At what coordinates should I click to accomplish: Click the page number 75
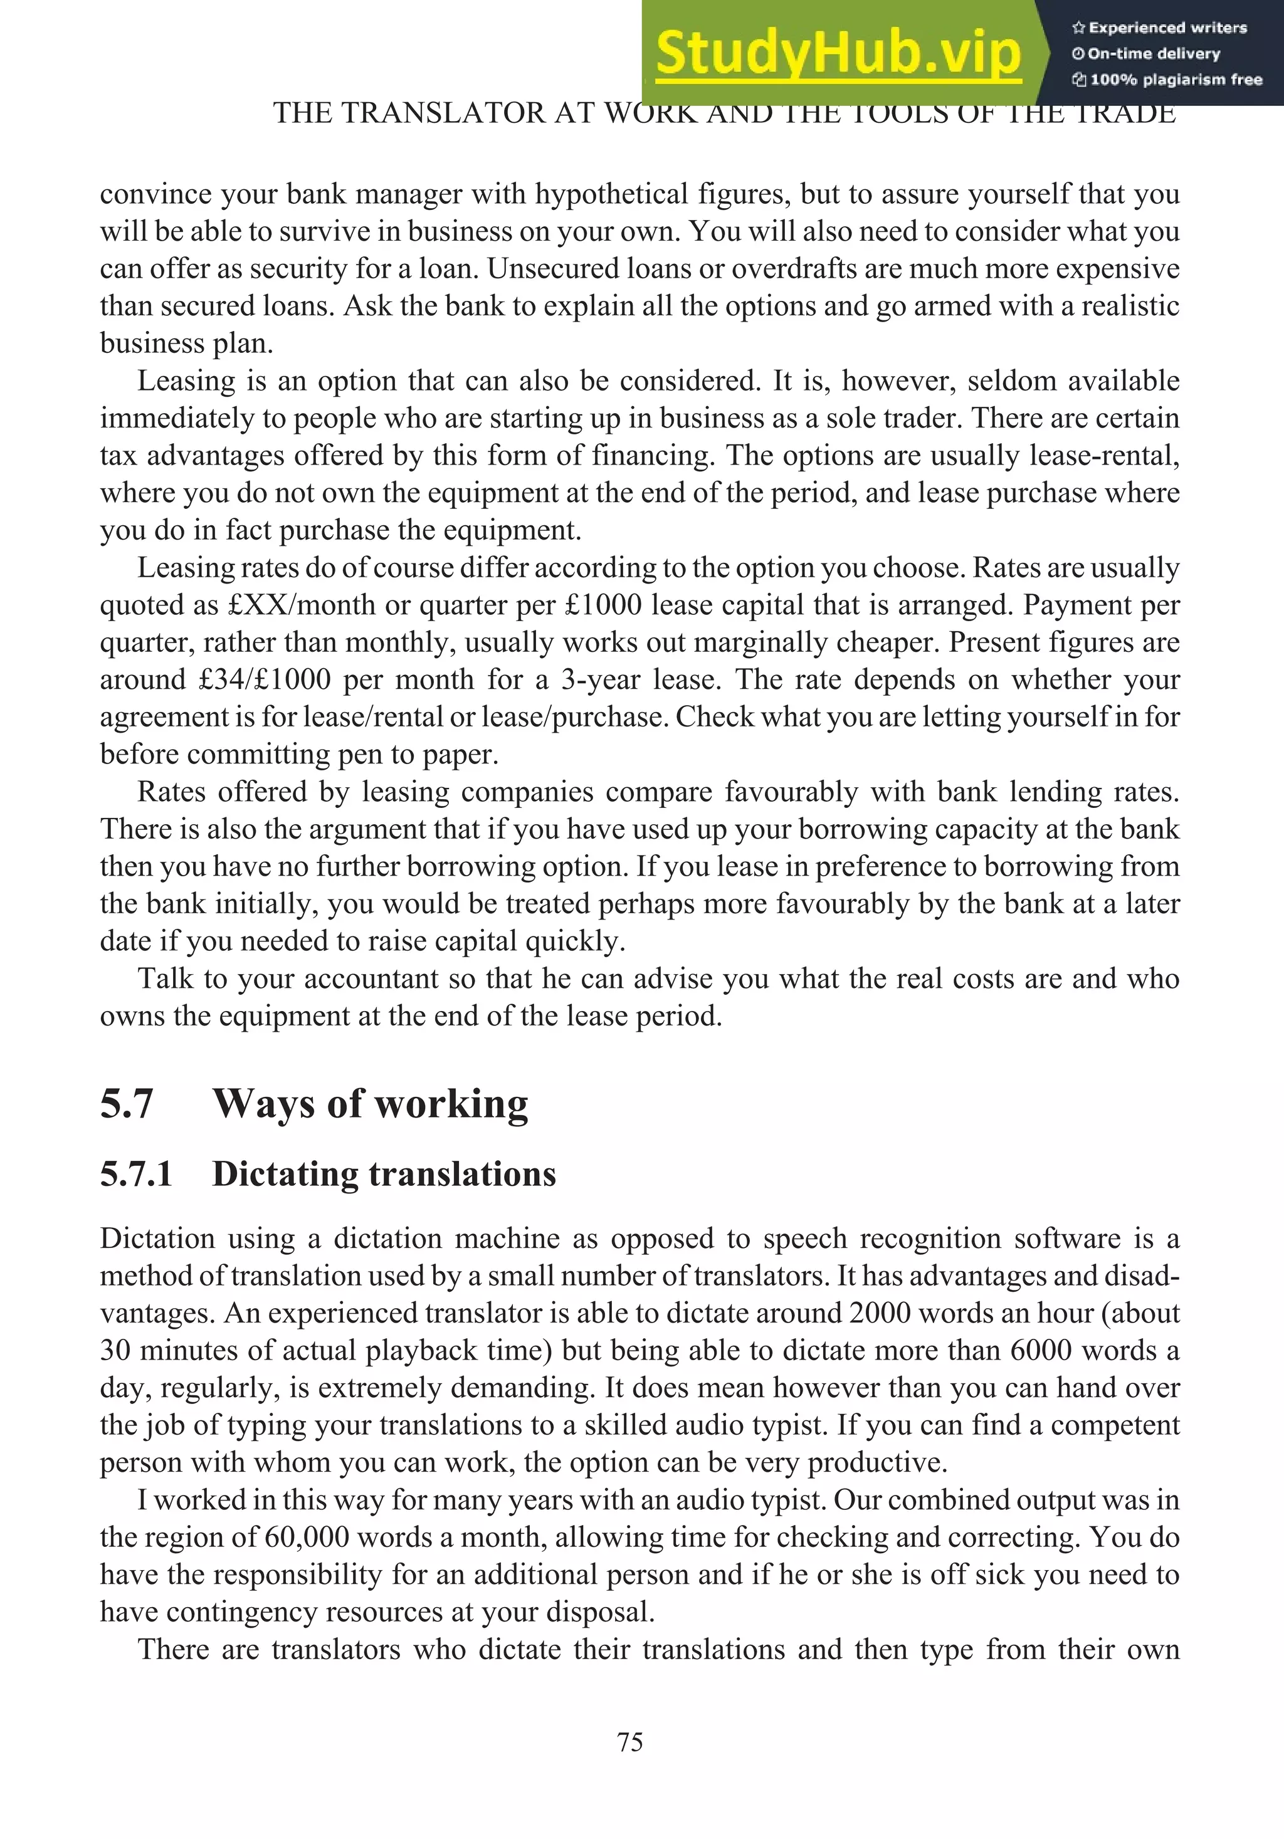click(x=630, y=1741)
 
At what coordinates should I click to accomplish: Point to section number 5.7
click(x=127, y=1103)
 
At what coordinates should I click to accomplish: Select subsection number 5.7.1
click(x=136, y=1173)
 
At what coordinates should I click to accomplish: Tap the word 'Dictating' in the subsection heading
click(x=285, y=1174)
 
